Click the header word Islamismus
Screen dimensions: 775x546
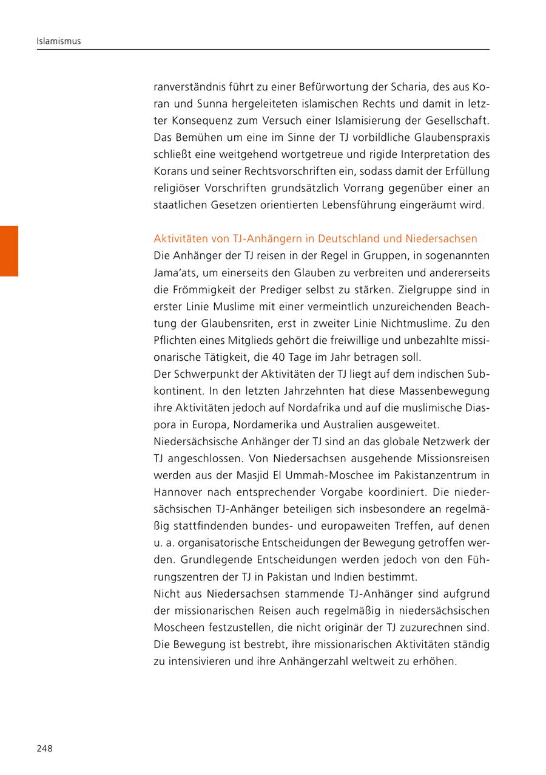[59, 41]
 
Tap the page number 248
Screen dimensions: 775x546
[44, 748]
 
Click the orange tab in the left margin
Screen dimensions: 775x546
[9, 251]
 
